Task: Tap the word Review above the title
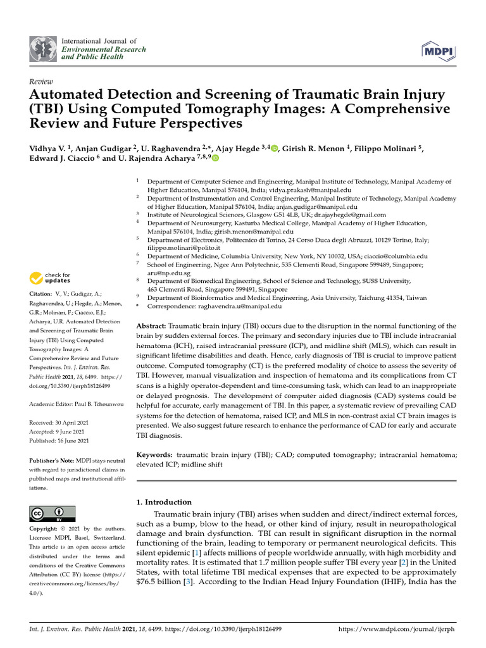pos(42,82)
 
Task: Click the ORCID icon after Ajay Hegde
pos(274,149)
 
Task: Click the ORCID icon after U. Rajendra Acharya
pos(215,158)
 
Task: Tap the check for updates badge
pos(51,278)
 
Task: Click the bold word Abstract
pos(151,325)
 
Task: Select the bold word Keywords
pos(155,454)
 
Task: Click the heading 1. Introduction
pos(165,502)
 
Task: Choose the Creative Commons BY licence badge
pos(53,513)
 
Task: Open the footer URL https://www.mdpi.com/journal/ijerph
pos(397,629)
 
